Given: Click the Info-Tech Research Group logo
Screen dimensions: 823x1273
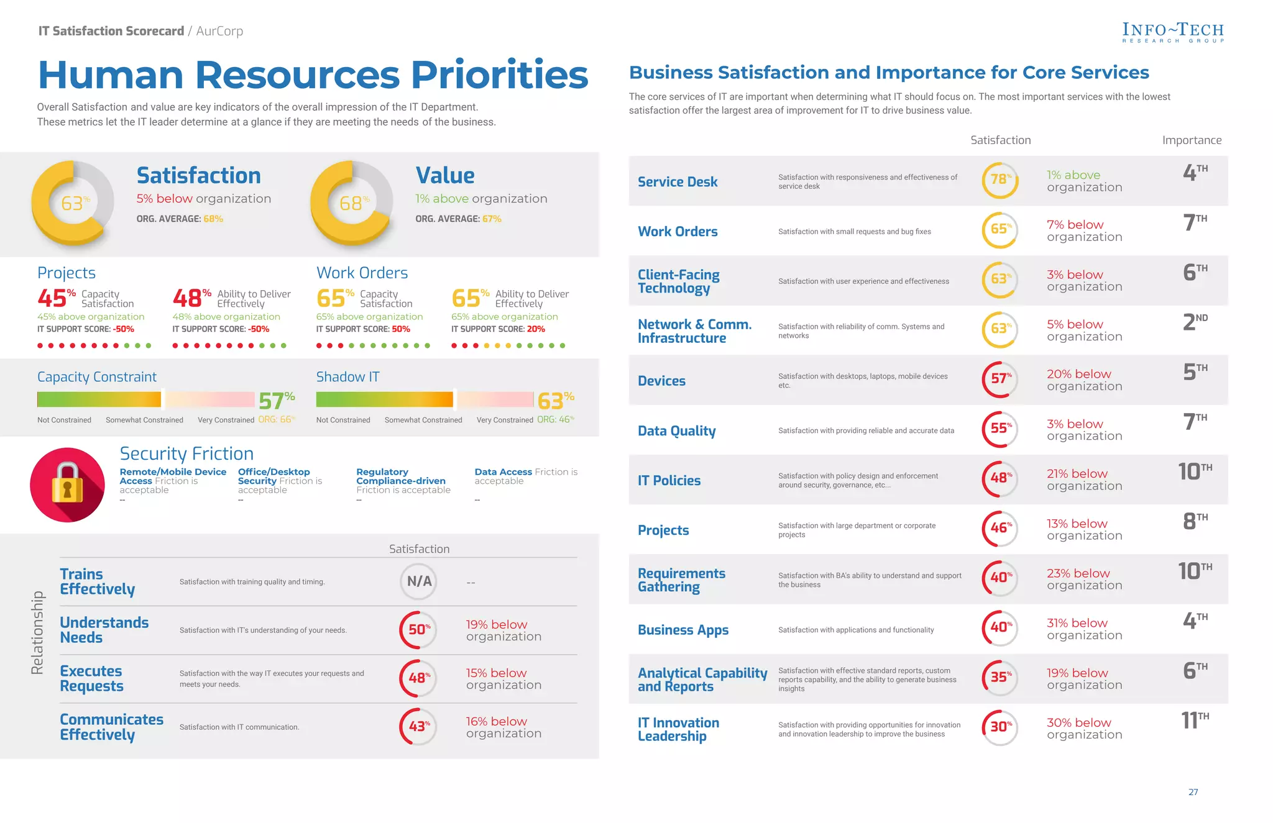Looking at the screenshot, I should (x=1172, y=32).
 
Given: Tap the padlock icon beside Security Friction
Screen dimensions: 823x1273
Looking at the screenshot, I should (x=67, y=484).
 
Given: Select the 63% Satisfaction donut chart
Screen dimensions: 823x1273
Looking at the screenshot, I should (x=73, y=203).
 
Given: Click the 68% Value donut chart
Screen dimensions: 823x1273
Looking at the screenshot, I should (x=352, y=203).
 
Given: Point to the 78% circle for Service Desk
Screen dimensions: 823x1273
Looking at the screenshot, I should (x=1000, y=180).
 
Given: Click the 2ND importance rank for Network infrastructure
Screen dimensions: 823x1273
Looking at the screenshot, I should (x=1195, y=322).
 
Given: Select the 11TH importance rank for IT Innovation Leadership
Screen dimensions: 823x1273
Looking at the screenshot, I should (x=1195, y=720).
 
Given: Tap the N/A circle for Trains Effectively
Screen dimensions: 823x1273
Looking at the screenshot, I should (x=419, y=581).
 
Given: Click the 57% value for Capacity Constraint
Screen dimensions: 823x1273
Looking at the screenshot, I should (x=276, y=401).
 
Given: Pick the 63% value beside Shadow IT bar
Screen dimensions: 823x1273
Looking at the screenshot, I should (x=555, y=401).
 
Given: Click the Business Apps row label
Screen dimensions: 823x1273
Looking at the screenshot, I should (x=682, y=630).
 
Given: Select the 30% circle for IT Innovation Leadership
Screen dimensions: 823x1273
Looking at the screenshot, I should (x=1000, y=727).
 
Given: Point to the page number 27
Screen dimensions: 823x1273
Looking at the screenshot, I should (x=1193, y=792).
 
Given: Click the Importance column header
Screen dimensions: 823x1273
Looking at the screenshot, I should (x=1192, y=140).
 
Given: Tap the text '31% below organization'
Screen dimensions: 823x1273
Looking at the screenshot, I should (x=1084, y=629).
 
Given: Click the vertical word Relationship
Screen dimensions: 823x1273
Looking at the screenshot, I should (x=37, y=632).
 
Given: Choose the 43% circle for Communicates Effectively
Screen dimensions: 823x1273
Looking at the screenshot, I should (x=418, y=726).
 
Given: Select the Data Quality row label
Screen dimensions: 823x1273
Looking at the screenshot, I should (x=676, y=430).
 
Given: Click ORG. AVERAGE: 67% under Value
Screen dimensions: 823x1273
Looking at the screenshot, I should (x=458, y=219).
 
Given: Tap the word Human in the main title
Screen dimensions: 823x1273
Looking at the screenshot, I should (x=111, y=75).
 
